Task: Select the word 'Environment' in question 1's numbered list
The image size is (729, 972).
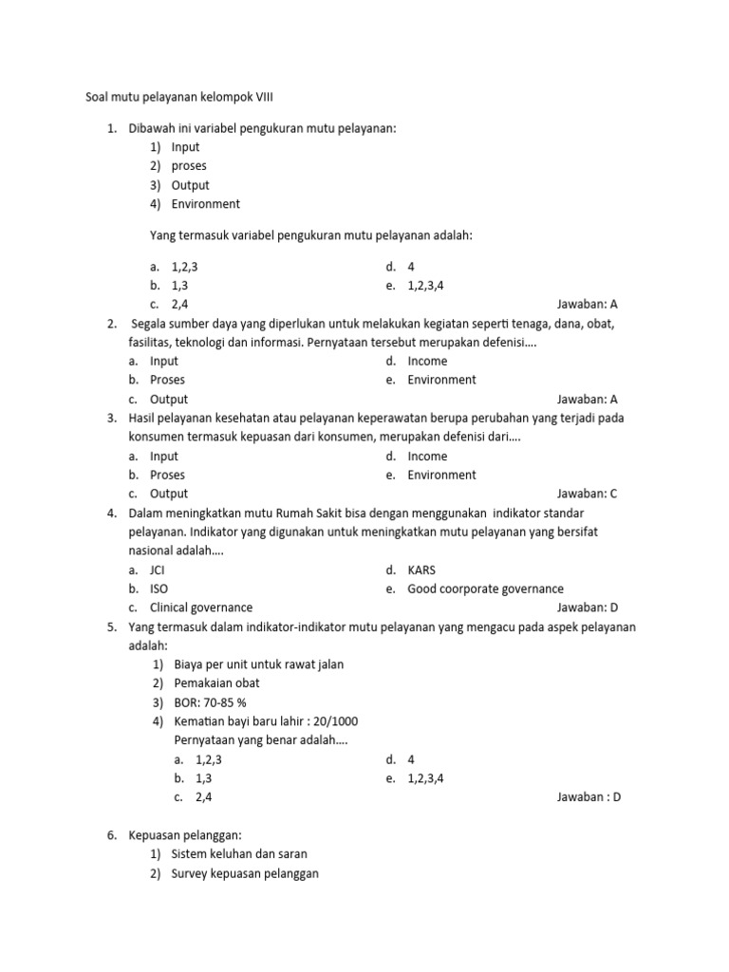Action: [205, 204]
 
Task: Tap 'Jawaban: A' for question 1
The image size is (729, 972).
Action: [587, 305]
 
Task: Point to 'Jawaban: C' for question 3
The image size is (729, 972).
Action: [587, 494]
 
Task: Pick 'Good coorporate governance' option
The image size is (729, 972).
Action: [485, 589]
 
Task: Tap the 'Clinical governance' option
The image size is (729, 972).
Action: [201, 607]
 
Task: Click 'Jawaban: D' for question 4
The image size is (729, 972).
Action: [587, 607]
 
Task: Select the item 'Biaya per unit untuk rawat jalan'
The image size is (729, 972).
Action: [258, 664]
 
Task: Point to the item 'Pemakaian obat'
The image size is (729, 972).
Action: [216, 683]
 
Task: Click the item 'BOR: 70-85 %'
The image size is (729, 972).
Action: [212, 702]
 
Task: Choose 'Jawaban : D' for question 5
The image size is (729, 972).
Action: [589, 797]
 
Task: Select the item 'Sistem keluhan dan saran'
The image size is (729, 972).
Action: [239, 854]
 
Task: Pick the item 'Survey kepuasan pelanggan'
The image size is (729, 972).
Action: [245, 873]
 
